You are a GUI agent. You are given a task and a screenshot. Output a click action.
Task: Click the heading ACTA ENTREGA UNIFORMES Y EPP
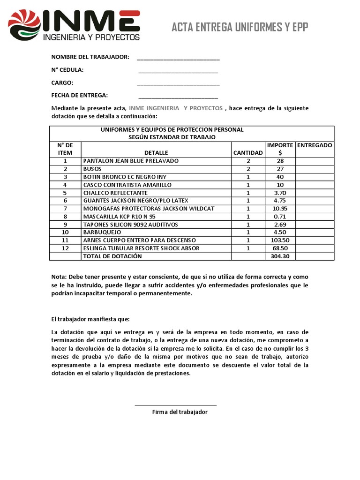(240, 27)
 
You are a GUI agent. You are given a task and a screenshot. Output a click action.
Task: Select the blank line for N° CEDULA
(178, 72)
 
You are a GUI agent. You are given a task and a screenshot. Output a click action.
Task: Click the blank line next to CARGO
(178, 85)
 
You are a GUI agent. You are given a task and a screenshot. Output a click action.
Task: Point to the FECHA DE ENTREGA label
(80, 95)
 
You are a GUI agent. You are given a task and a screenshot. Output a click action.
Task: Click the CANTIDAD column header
(248, 153)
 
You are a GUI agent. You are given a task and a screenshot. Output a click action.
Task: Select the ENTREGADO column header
(315, 145)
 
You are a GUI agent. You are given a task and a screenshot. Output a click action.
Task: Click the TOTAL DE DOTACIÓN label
(112, 256)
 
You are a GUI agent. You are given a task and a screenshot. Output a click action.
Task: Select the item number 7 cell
(65, 209)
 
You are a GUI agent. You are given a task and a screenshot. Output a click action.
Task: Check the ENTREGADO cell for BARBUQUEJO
(315, 232)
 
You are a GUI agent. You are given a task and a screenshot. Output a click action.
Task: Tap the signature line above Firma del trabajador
(176, 405)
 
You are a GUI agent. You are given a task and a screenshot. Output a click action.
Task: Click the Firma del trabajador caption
(180, 412)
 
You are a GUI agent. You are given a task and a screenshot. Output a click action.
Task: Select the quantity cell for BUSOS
(248, 169)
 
